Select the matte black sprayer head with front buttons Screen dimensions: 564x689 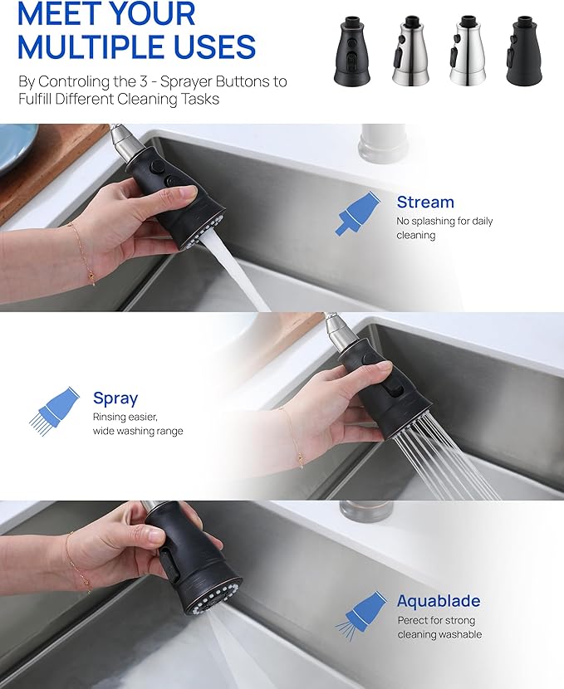pyautogui.click(x=351, y=51)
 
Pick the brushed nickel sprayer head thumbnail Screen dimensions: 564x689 pyautogui.click(x=410, y=51)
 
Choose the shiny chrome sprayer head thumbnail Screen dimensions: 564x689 pyautogui.click(x=468, y=51)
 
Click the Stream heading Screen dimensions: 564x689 pyautogui.click(x=425, y=202)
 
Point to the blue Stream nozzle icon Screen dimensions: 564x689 pyautogui.click(x=357, y=213)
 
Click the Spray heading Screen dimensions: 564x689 pyautogui.click(x=115, y=398)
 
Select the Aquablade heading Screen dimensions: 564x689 pyautogui.click(x=439, y=601)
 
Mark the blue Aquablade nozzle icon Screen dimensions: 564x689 pyautogui.click(x=361, y=615)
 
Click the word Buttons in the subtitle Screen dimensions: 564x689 pyautogui.click(x=223, y=81)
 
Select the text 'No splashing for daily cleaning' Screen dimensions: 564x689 pyautogui.click(x=444, y=227)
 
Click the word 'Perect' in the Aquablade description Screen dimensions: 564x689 pyautogui.click(x=413, y=620)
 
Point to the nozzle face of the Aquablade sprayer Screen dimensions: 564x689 pyautogui.click(x=214, y=596)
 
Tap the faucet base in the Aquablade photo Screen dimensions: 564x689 pyautogui.click(x=366, y=511)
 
